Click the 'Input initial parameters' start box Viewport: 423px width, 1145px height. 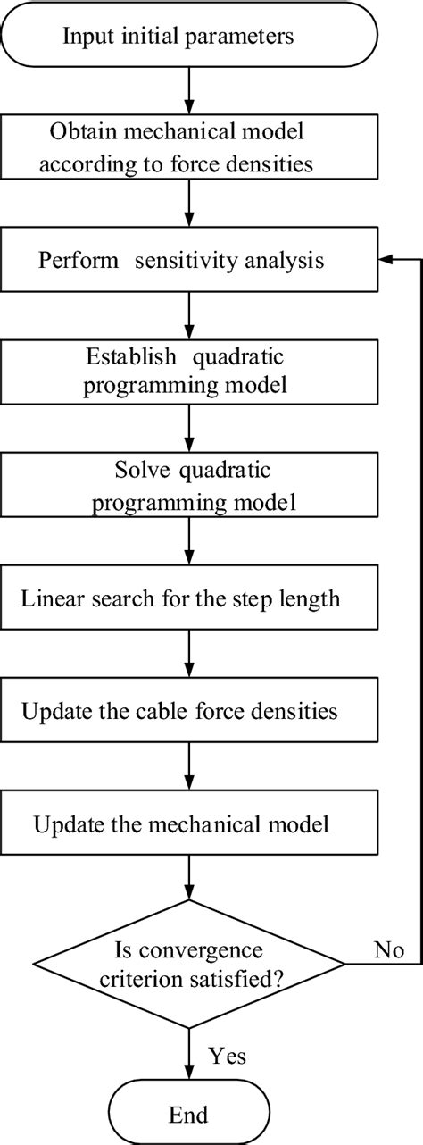pos(188,37)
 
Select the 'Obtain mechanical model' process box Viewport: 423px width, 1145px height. pos(188,149)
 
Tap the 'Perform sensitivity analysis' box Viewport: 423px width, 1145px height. pos(188,262)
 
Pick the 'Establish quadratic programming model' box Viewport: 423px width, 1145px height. pos(188,372)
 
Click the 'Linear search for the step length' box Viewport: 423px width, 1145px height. pos(188,598)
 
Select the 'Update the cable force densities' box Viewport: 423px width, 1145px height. pos(188,711)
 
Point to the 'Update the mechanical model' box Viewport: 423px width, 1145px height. pos(188,823)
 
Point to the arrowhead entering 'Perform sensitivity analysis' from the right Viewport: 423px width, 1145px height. pos(386,261)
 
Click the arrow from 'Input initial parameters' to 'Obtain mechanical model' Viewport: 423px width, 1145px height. pos(188,90)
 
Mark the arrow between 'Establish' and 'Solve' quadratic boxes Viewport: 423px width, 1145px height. pos(188,429)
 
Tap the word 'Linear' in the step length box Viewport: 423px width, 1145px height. pos(48,598)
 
